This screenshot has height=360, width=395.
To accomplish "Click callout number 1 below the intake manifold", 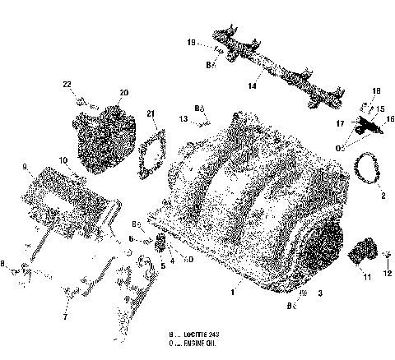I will click(x=234, y=291).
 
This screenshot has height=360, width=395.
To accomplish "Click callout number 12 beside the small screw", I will click(x=388, y=273).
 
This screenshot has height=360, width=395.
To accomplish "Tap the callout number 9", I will click(x=25, y=166).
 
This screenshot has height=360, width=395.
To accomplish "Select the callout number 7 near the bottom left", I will click(x=63, y=315).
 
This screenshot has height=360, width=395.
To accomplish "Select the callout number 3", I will click(x=320, y=293).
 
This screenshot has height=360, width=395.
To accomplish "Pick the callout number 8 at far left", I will click(x=5, y=263).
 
